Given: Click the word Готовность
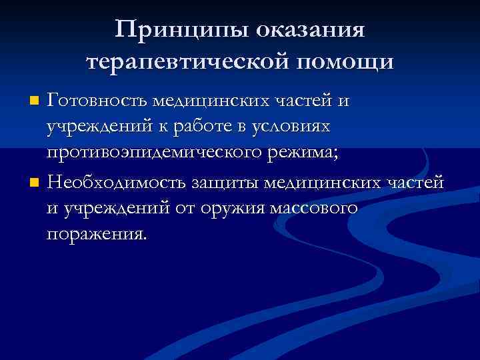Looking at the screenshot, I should pyautogui.click(x=97, y=101).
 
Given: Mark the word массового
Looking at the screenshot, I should pyautogui.click(x=313, y=208).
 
